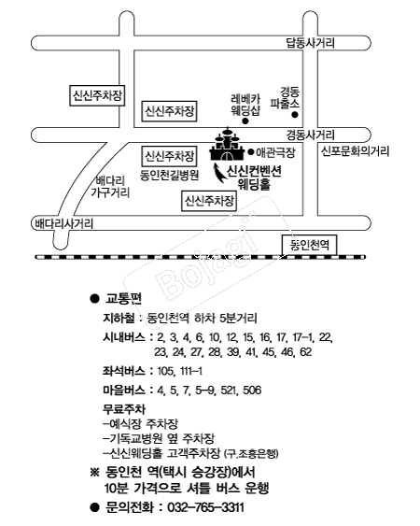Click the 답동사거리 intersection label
[310, 43]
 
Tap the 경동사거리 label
[310, 135]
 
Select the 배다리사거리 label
[64, 223]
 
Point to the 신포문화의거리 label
[356, 151]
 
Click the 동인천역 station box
[309, 245]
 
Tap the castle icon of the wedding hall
[228, 145]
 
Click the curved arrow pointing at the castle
[220, 173]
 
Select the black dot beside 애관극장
[251, 152]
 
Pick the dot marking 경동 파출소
[295, 115]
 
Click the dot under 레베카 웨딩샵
[245, 121]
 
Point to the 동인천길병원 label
[170, 175]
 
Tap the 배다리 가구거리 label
[110, 187]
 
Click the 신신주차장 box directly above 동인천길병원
[169, 156]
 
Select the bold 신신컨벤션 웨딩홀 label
[254, 178]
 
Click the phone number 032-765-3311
[205, 507]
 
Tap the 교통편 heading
[124, 298]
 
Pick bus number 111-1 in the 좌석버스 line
[191, 371]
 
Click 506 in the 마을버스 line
[252, 391]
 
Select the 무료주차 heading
[124, 409]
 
